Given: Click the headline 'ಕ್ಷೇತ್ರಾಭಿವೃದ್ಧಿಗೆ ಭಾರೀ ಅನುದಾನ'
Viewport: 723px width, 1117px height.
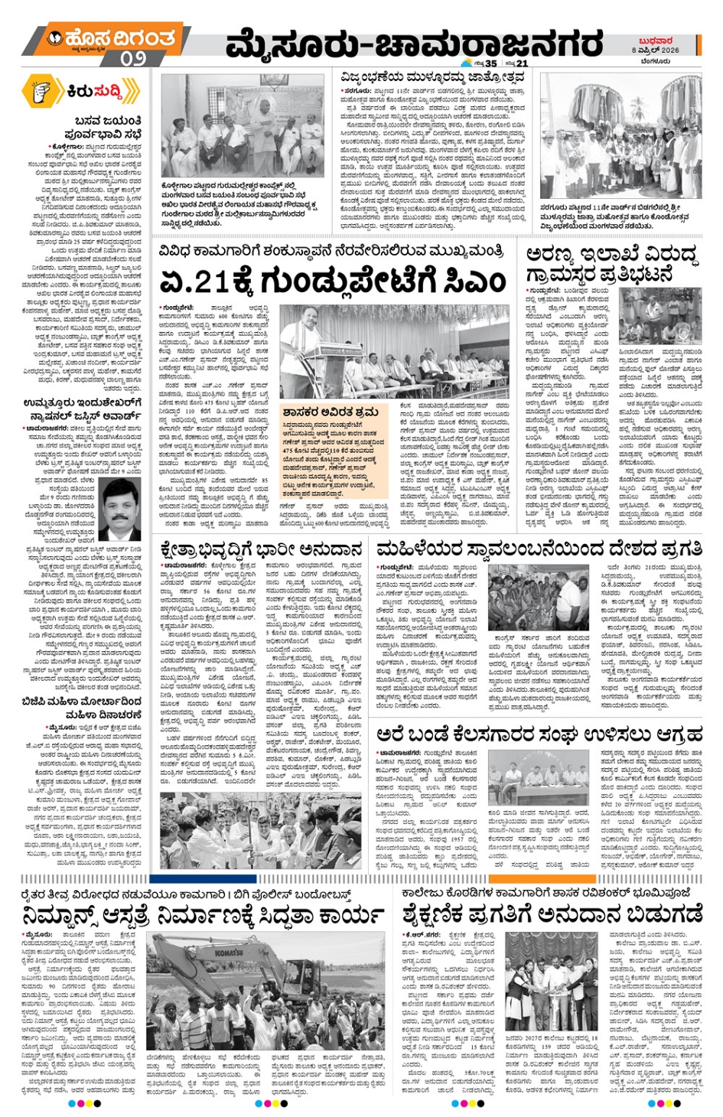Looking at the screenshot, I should click(261, 549).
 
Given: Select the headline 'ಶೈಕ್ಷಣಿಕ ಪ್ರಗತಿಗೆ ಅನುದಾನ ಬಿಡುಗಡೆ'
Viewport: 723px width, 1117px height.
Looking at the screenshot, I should click(552, 914).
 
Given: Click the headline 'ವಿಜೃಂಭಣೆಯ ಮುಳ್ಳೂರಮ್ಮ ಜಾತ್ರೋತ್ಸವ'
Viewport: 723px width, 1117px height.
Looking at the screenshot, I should click(433, 78).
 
